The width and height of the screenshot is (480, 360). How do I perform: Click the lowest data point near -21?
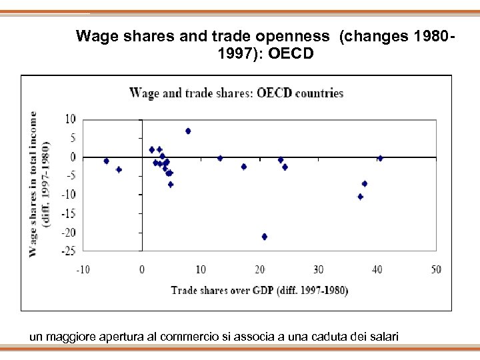tap(265, 236)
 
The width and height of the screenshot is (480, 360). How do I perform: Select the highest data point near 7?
tap(188, 131)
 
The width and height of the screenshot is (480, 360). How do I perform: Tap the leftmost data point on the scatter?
tap(106, 161)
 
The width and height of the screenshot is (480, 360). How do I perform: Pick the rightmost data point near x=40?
tap(380, 158)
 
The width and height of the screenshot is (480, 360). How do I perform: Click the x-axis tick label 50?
tap(436, 269)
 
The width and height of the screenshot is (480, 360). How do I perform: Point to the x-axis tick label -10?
tap(82, 269)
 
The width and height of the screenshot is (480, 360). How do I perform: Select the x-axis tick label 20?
tap(259, 269)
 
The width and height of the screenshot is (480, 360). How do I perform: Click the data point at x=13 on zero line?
tap(220, 158)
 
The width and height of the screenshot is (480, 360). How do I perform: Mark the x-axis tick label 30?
tap(318, 269)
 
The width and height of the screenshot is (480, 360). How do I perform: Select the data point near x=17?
tap(244, 167)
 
